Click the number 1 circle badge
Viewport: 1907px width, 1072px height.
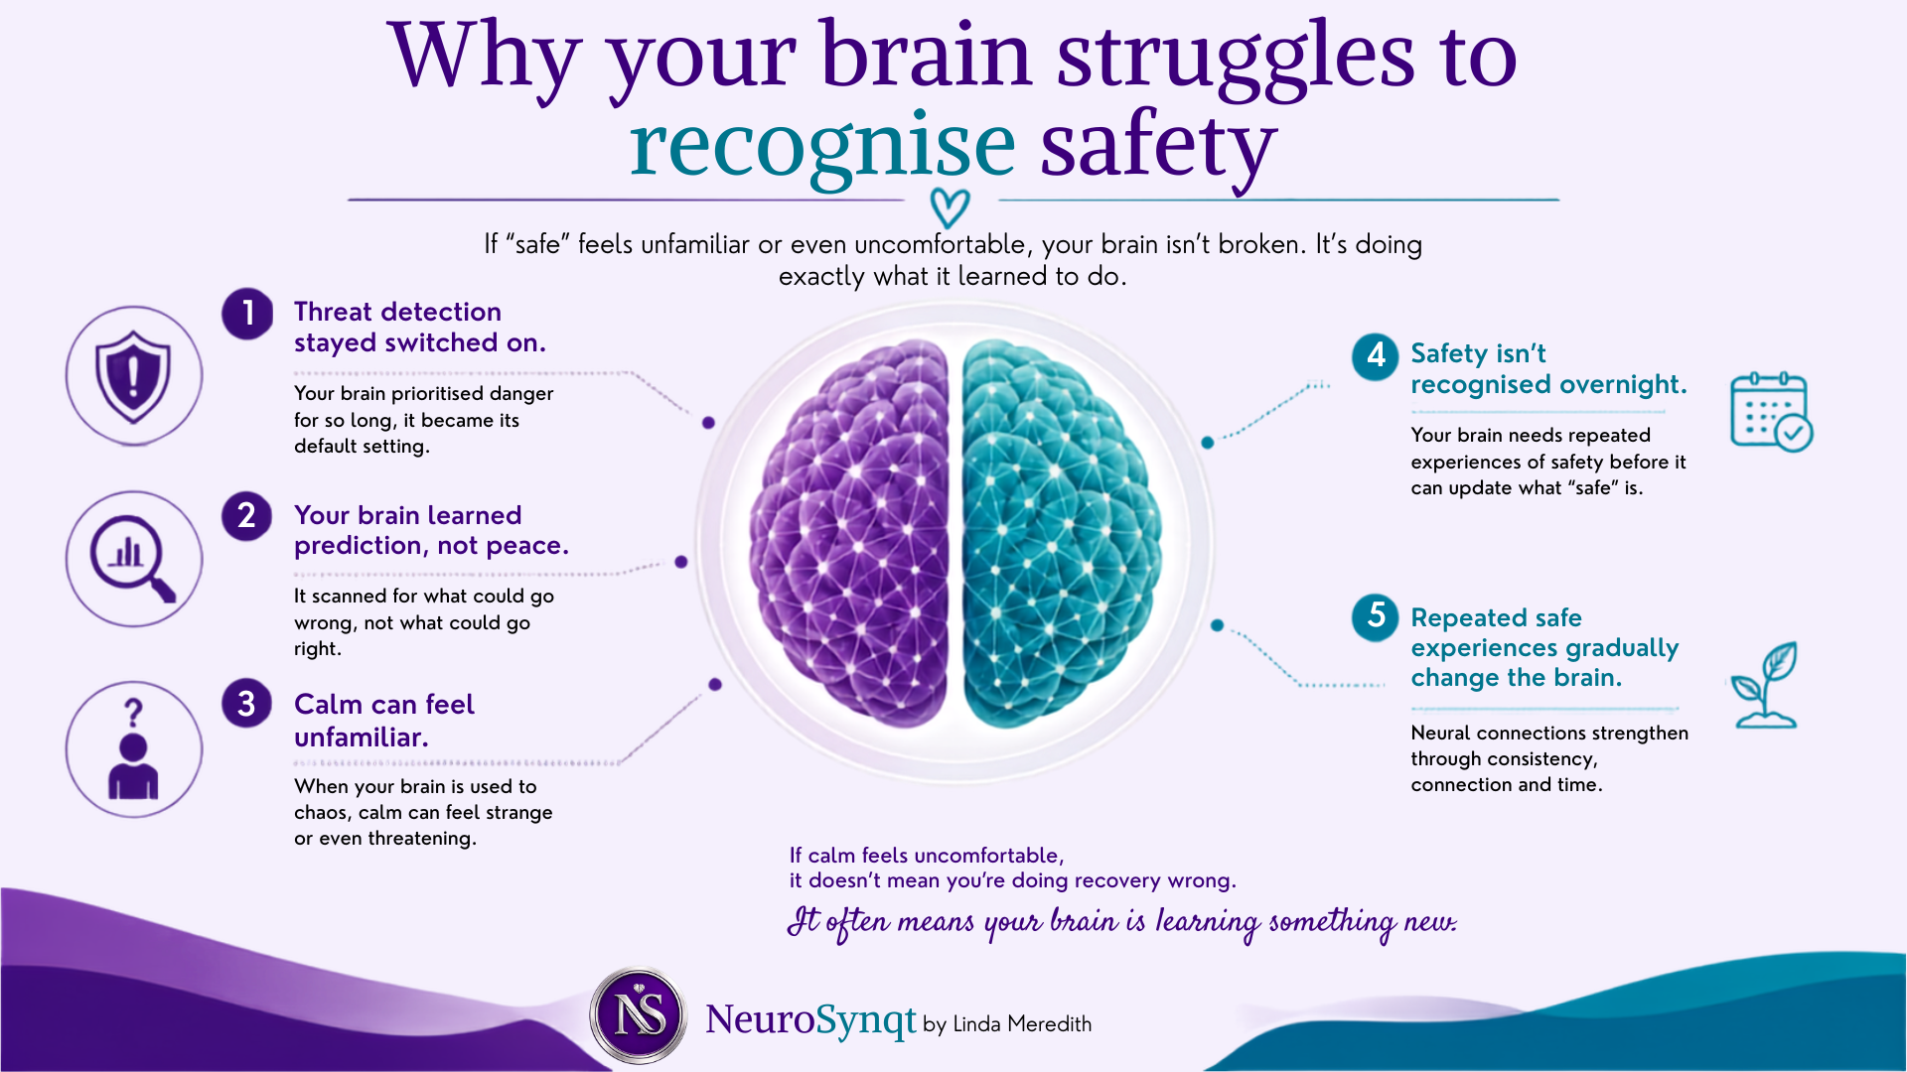pyautogui.click(x=247, y=314)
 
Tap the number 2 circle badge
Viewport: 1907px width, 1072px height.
pyautogui.click(x=247, y=516)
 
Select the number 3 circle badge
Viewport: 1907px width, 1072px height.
pyautogui.click(x=247, y=704)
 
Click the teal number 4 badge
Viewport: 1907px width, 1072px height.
pyautogui.click(x=1376, y=355)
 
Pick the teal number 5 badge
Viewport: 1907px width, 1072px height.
pyautogui.click(x=1376, y=616)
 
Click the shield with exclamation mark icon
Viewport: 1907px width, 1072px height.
pyautogui.click(x=134, y=375)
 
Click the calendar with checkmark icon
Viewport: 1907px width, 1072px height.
pyautogui.click(x=1771, y=412)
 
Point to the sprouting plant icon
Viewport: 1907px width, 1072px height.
pyautogui.click(x=1765, y=685)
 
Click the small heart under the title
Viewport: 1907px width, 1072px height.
pyautogui.click(x=950, y=207)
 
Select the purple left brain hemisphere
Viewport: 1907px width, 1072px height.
pyautogui.click(x=850, y=534)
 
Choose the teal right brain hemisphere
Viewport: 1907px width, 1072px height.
pyautogui.click(x=1062, y=534)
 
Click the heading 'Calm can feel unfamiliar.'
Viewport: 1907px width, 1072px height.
pyautogui.click(x=384, y=721)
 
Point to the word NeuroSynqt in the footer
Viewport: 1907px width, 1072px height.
pyautogui.click(x=810, y=1020)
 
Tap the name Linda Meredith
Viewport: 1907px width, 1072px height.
pyautogui.click(x=1022, y=1024)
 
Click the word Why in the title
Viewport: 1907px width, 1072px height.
pyautogui.click(x=484, y=58)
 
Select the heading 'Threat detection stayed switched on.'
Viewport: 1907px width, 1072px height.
pyautogui.click(x=420, y=328)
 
